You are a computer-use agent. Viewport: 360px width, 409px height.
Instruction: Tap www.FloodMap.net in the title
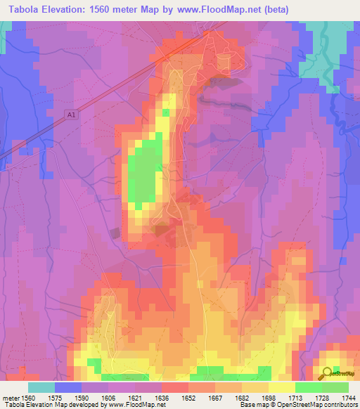click(217, 10)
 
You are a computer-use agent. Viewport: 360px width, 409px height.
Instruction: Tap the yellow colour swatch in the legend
click(281, 387)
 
